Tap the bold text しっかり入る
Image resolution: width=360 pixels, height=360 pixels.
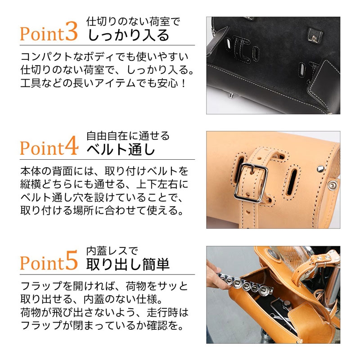point(129,35)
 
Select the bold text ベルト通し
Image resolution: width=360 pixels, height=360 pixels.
point(121,149)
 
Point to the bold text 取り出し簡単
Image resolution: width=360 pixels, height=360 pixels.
point(128,264)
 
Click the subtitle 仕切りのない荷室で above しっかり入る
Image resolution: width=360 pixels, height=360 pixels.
point(133,22)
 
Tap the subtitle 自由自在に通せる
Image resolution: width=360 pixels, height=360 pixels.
point(128,136)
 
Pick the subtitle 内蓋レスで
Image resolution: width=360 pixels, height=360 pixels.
point(112,251)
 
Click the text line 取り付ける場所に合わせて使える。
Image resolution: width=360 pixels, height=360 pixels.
point(103,210)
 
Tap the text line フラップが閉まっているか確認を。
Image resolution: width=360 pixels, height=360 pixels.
point(103,325)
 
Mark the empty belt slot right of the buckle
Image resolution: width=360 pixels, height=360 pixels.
point(293,183)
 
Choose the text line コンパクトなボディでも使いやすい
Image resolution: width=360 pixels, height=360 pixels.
point(104,57)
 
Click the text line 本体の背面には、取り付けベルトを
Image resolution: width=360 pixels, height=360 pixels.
point(104,171)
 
